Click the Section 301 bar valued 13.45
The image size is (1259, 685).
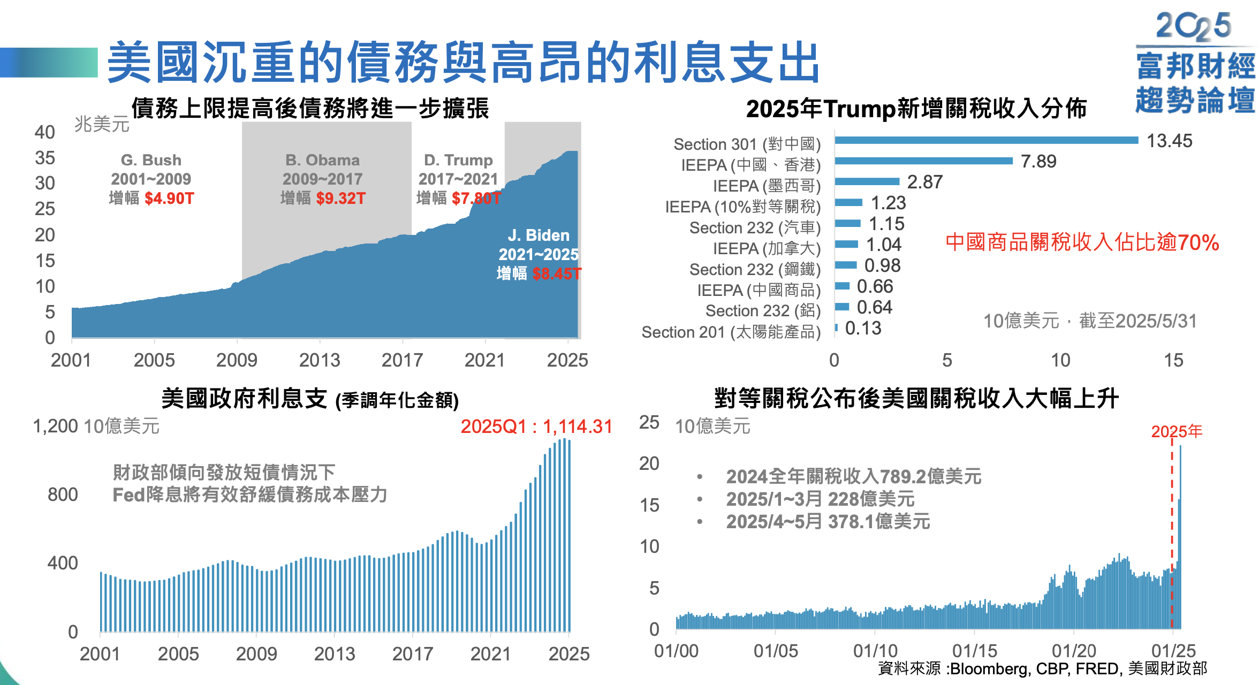coord(986,140)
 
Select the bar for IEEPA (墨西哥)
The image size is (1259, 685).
coord(867,181)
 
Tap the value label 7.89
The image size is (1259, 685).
coord(1038,161)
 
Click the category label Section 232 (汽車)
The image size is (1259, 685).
coord(755,228)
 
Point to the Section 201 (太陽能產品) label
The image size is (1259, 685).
coord(731,332)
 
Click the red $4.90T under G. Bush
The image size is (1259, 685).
coord(169,199)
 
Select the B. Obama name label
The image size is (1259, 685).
coord(322,160)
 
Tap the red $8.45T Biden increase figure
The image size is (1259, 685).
coord(557,274)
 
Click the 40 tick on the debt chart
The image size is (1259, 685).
coord(45,132)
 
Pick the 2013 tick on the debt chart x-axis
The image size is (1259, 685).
coord(320,360)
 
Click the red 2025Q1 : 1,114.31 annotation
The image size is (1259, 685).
coord(536,427)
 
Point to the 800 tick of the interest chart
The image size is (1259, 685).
coord(63,494)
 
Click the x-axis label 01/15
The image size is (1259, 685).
coord(975,651)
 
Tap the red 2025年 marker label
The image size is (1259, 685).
coord(1177,431)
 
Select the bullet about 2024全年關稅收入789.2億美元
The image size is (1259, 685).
coord(853,476)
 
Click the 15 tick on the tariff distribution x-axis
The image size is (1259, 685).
coord(1173,360)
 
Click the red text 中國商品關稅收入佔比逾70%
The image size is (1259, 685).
coord(1082,242)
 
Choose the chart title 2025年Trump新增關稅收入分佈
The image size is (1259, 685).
coord(916,109)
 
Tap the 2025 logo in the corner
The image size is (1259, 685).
coord(1193,26)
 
